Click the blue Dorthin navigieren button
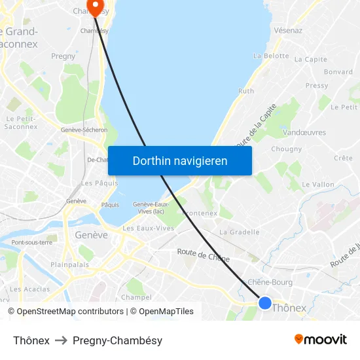pyautogui.click(x=180, y=160)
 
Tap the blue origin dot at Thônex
pyautogui.click(x=265, y=302)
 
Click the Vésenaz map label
pyautogui.click(x=289, y=30)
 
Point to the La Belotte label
pyautogui.click(x=271, y=56)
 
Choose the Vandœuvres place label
pyautogui.click(x=304, y=132)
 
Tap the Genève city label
pyautogui.click(x=92, y=235)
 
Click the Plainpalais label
pyautogui.click(x=70, y=265)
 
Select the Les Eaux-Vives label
pyautogui.click(x=149, y=228)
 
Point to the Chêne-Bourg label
pyautogui.click(x=270, y=282)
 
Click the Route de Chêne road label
pyautogui.click(x=203, y=255)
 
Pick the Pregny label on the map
pyautogui.click(x=63, y=56)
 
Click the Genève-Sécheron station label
pyautogui.click(x=84, y=130)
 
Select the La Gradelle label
pyautogui.click(x=240, y=232)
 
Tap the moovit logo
pyautogui.click(x=321, y=339)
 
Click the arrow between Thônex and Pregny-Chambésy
pyautogui.click(x=61, y=340)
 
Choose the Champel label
pyautogui.click(x=136, y=297)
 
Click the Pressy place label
pyautogui.click(x=317, y=86)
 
